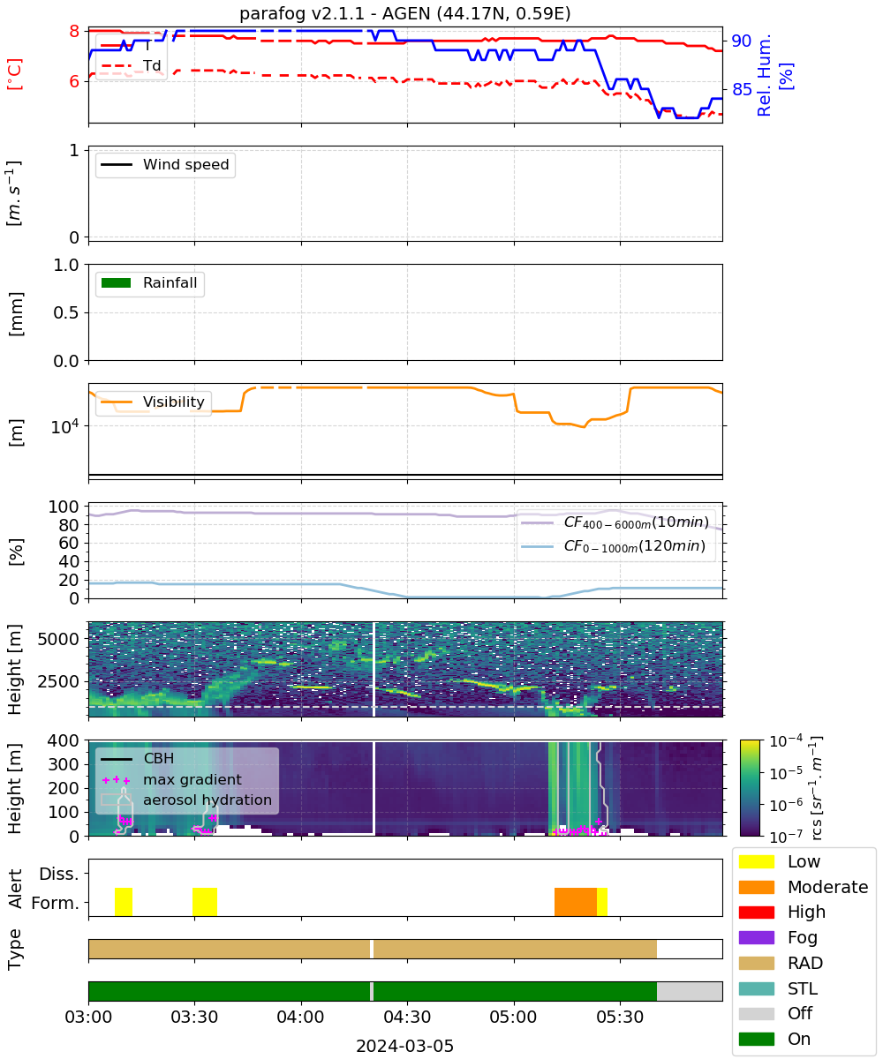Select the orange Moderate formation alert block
pyautogui.click(x=575, y=901)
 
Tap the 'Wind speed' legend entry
pyautogui.click(x=165, y=164)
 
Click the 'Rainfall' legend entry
pyautogui.click(x=149, y=282)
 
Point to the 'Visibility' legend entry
pyautogui.click(x=152, y=402)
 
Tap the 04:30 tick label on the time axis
pyautogui.click(x=407, y=1017)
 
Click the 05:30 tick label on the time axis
pyautogui.click(x=620, y=1017)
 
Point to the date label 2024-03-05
pyautogui.click(x=404, y=1046)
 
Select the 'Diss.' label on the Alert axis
pyautogui.click(x=59, y=874)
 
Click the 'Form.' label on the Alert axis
pyautogui.click(x=56, y=903)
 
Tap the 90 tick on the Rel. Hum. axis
pyautogui.click(x=741, y=41)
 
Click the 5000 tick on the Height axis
pyautogui.click(x=58, y=639)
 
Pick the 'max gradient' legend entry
pyautogui.click(x=171, y=779)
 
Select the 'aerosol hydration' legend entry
pyautogui.click(x=186, y=800)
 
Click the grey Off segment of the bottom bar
pyautogui.click(x=690, y=991)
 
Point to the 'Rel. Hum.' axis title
pyautogui.click(x=765, y=75)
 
